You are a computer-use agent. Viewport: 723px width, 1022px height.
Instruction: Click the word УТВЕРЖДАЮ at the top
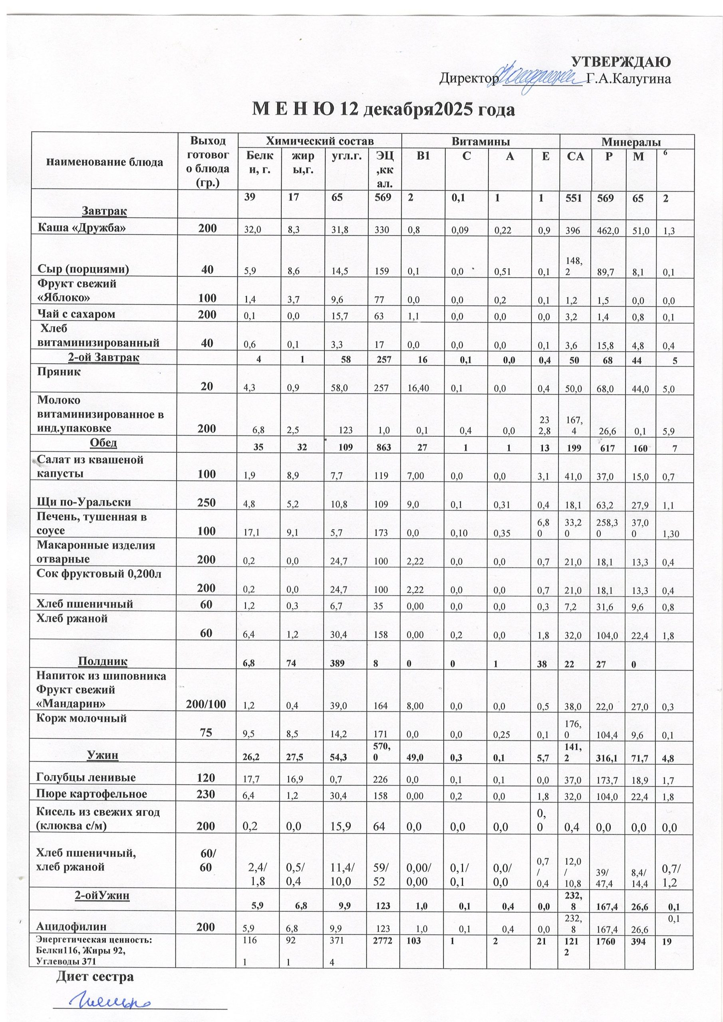[x=622, y=62]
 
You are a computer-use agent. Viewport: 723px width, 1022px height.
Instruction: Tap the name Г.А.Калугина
[x=630, y=79]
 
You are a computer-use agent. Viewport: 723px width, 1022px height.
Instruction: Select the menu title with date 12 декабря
[x=383, y=109]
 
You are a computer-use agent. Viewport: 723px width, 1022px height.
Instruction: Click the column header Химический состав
[x=320, y=142]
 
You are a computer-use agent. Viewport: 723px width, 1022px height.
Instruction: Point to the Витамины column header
[x=480, y=142]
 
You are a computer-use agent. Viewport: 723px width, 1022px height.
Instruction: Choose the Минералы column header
[x=631, y=142]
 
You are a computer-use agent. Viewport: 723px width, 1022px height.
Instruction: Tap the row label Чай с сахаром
[x=76, y=314]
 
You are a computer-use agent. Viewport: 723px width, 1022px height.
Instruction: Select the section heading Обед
[x=103, y=443]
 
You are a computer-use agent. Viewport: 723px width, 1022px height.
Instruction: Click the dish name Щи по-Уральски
[x=84, y=502]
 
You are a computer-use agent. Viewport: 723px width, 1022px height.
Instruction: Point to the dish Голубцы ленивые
[x=86, y=778]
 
